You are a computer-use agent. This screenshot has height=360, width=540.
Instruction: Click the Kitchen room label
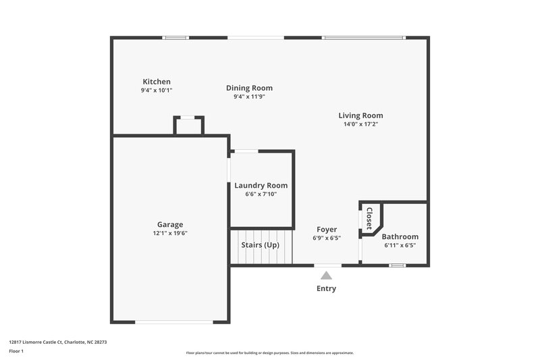(156, 82)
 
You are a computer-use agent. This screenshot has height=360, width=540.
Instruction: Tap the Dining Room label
(249, 88)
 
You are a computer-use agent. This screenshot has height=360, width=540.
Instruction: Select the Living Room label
(360, 115)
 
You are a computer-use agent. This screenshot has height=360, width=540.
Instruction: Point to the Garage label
(170, 225)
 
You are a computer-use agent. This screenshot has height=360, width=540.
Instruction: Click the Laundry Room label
(261, 186)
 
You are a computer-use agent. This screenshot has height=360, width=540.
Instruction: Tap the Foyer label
(327, 230)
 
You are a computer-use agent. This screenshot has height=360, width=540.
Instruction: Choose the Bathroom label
(400, 237)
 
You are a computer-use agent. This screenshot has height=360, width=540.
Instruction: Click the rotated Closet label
(369, 219)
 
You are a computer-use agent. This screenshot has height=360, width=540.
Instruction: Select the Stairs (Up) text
(260, 245)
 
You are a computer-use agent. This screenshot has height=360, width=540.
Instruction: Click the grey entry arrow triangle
(327, 275)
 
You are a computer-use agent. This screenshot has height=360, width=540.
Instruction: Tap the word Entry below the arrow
(327, 288)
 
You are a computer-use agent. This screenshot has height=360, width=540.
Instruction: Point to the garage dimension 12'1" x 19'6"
(170, 233)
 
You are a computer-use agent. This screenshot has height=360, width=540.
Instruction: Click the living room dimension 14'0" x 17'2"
(360, 124)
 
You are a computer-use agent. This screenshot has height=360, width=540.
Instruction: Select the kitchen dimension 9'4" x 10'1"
(156, 90)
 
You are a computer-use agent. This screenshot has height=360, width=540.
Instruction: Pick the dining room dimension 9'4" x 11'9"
(249, 97)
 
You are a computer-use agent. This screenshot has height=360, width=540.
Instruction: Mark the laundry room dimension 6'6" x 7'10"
(261, 194)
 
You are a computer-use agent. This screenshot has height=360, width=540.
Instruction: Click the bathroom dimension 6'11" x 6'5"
(400, 245)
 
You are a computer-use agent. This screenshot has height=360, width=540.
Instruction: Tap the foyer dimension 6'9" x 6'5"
(327, 238)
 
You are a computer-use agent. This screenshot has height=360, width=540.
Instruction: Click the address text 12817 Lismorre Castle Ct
(58, 342)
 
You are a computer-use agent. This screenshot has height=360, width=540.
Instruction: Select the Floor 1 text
(16, 352)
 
